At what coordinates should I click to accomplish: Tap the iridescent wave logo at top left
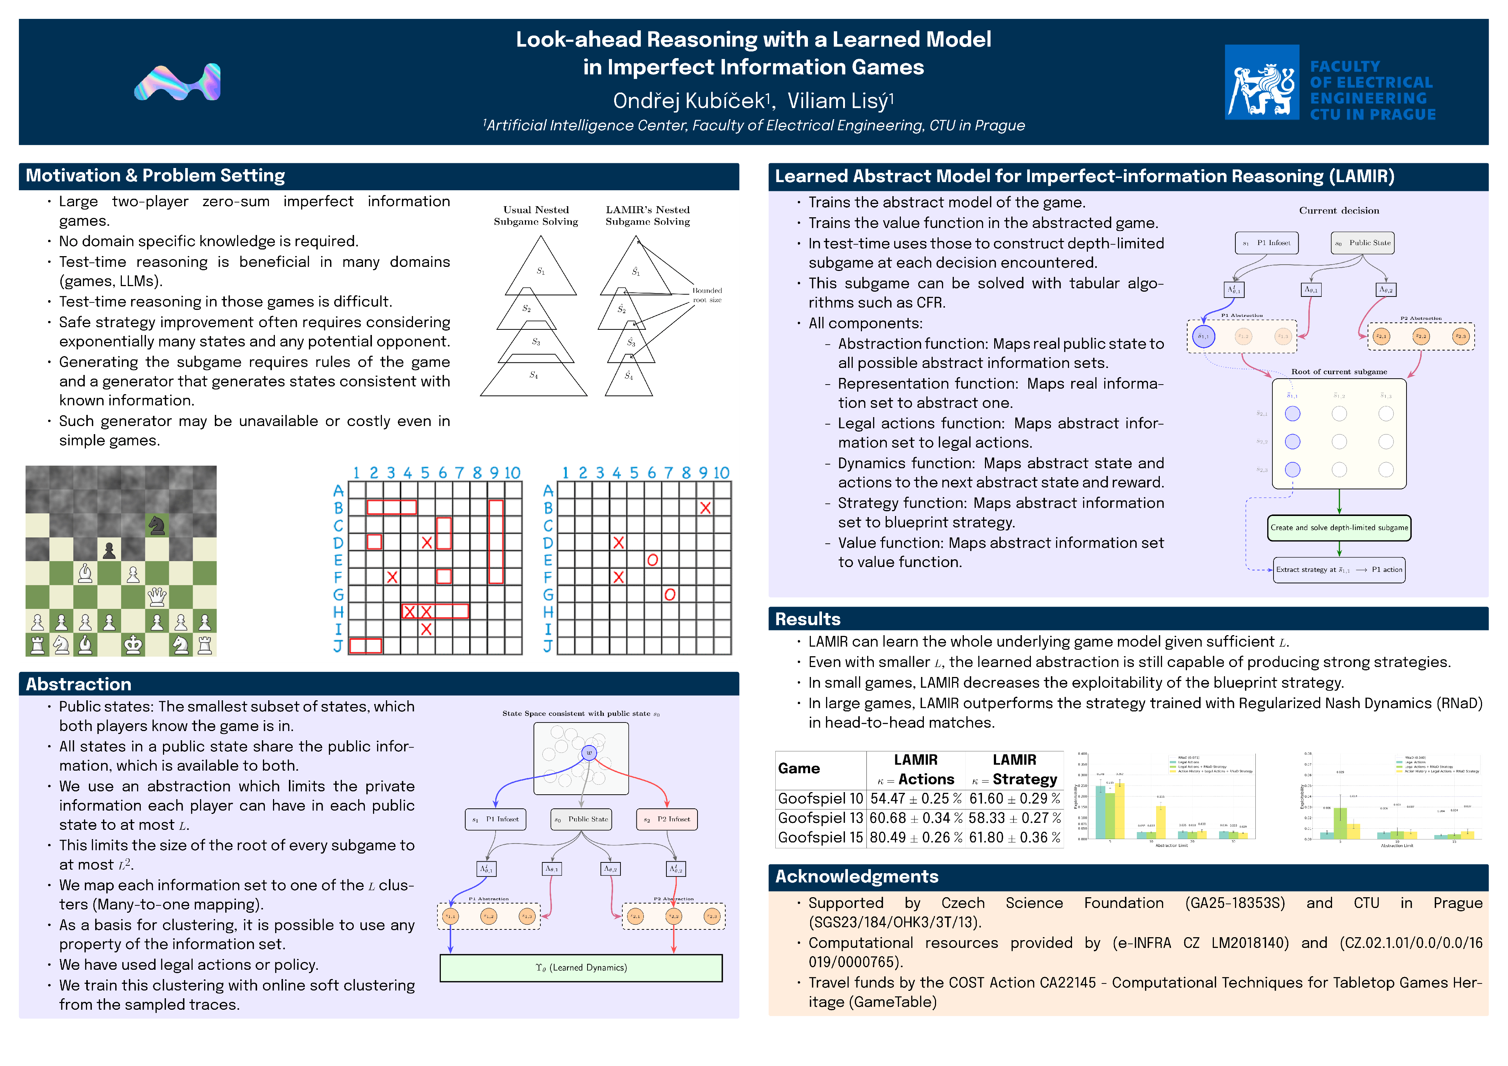[177, 83]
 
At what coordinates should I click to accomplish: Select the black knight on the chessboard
[157, 525]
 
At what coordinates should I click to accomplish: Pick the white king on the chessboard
[133, 644]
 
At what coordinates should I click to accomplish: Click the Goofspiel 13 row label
[820, 818]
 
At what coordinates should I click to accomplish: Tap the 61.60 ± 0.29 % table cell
[1015, 798]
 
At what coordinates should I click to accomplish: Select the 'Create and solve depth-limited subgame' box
[1339, 528]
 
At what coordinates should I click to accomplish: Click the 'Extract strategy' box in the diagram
[1339, 570]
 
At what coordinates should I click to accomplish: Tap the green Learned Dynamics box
[580, 968]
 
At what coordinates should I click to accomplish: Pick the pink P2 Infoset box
[667, 819]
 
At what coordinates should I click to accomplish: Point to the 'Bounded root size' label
[707, 295]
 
